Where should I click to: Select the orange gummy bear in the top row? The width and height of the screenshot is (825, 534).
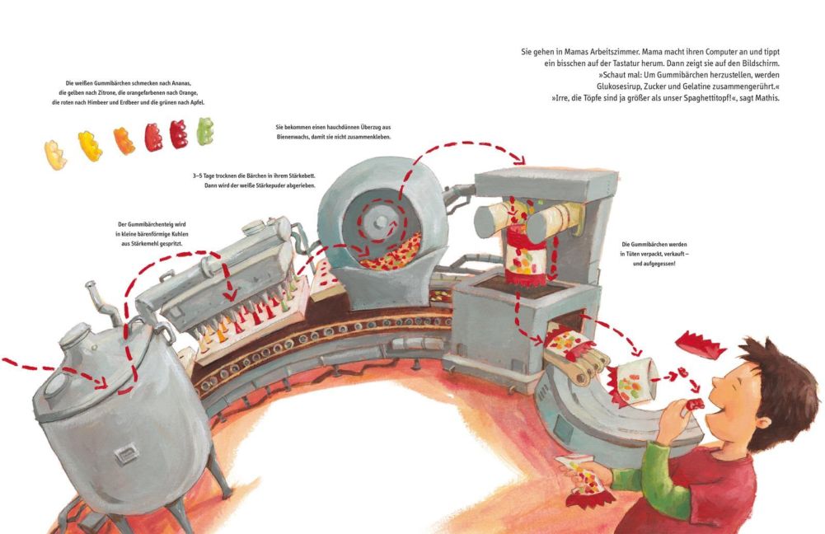tap(124, 140)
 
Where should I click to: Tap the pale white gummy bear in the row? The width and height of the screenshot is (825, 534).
tap(55, 154)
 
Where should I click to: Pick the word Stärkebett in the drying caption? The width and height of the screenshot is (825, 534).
tap(298, 176)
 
